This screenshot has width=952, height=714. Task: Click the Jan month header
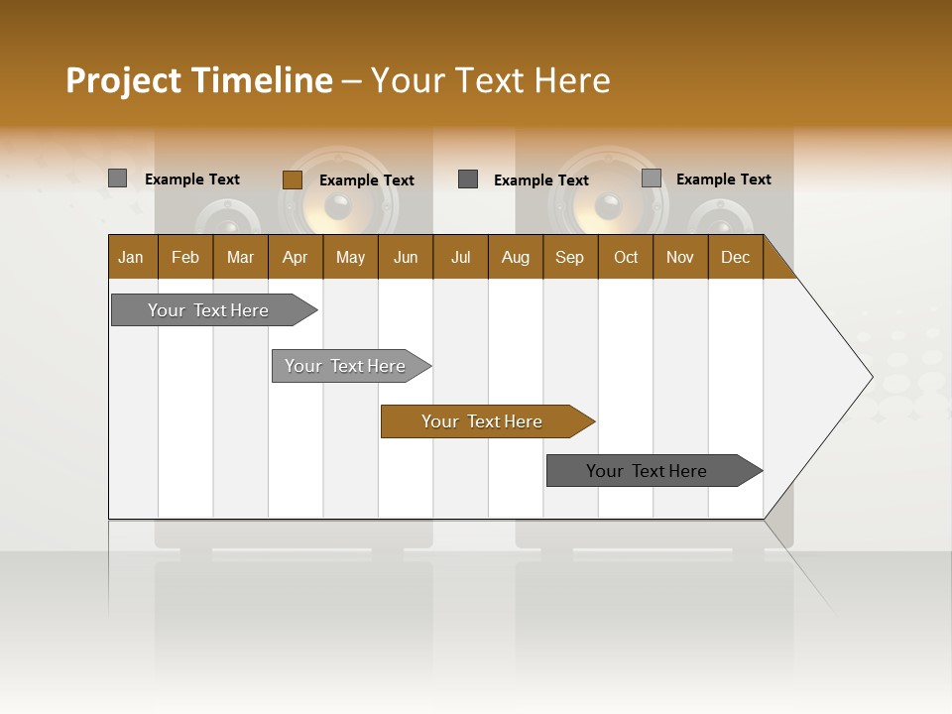pyautogui.click(x=131, y=257)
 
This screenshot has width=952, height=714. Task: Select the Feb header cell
pyautogui.click(x=185, y=257)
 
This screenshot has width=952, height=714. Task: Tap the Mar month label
pyautogui.click(x=240, y=257)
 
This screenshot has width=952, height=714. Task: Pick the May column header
pyautogui.click(x=350, y=257)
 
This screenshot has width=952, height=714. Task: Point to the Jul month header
pyautogui.click(x=460, y=257)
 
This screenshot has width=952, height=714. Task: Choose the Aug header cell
pyautogui.click(x=516, y=257)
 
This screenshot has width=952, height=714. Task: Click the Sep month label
pyautogui.click(x=570, y=257)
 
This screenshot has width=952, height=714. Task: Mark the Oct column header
pyautogui.click(x=626, y=257)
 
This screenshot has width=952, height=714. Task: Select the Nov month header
pyautogui.click(x=680, y=257)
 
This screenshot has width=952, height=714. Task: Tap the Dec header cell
pyautogui.click(x=736, y=257)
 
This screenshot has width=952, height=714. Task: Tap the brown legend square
pyautogui.click(x=292, y=179)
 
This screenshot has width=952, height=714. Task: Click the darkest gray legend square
pyautogui.click(x=468, y=179)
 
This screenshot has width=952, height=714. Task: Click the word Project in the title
pyautogui.click(x=125, y=80)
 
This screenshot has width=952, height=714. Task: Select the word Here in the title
pyautogui.click(x=572, y=80)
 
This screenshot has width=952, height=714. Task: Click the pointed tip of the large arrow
pyautogui.click(x=871, y=377)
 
